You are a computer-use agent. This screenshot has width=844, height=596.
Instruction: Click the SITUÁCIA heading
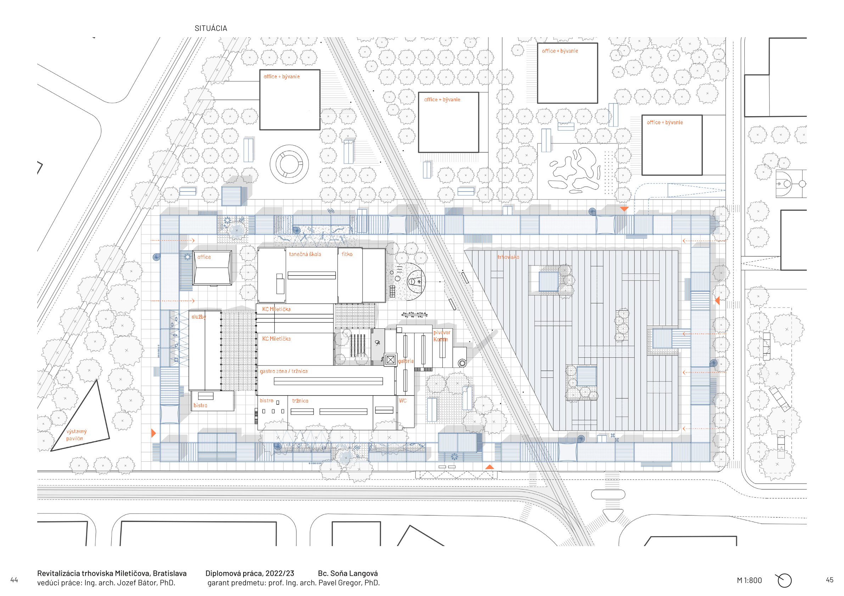pyautogui.click(x=211, y=28)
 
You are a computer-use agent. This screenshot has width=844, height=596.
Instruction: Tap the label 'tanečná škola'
pyautogui.click(x=305, y=254)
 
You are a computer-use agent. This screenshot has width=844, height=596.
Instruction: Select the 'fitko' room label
pyautogui.click(x=347, y=254)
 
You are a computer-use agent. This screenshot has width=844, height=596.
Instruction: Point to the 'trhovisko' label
pyautogui.click(x=508, y=257)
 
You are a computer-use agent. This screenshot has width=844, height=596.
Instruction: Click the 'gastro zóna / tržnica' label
pyautogui.click(x=284, y=371)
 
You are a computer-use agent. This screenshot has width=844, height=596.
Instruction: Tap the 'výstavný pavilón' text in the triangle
pyautogui.click(x=76, y=435)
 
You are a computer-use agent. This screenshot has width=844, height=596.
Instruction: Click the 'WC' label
pyautogui.click(x=403, y=401)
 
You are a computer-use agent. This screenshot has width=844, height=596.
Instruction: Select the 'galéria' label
pyautogui.click(x=406, y=361)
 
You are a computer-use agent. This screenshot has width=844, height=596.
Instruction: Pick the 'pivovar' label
pyautogui.click(x=441, y=333)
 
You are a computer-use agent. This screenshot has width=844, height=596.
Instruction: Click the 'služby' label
pyautogui.click(x=199, y=317)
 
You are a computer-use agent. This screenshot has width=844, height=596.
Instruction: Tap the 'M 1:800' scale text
pyautogui.click(x=749, y=580)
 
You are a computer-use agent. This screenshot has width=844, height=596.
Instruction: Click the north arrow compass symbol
pyautogui.click(x=784, y=580)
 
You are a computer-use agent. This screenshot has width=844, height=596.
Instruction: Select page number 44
pyautogui.click(x=14, y=580)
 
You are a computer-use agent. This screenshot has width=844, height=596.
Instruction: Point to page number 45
pyautogui.click(x=829, y=580)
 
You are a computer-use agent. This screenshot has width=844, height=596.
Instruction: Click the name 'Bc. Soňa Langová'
pyautogui.click(x=347, y=573)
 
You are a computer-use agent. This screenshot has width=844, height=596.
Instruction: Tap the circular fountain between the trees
pyautogui.click(x=289, y=164)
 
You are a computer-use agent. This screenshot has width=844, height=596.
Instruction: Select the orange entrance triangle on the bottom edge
pyautogui.click(x=489, y=467)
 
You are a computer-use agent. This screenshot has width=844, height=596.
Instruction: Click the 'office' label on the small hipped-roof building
pyautogui.click(x=204, y=257)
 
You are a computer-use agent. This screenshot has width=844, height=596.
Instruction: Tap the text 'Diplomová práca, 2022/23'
pyautogui.click(x=250, y=573)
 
